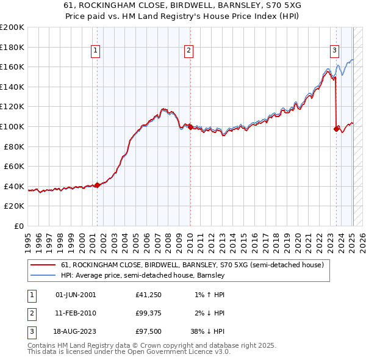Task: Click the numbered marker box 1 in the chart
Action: click(97, 51)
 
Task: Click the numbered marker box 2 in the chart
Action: click(189, 51)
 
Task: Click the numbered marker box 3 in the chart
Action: click(335, 51)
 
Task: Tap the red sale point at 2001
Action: click(97, 184)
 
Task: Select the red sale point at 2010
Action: click(190, 127)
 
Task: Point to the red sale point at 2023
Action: click(337, 129)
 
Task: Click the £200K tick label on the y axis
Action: click(12, 27)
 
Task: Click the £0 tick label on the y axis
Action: click(19, 226)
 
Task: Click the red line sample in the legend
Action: click(43, 265)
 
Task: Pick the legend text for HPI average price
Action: click(143, 275)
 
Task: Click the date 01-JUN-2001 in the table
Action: click(76, 295)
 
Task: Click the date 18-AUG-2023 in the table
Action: click(76, 331)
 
